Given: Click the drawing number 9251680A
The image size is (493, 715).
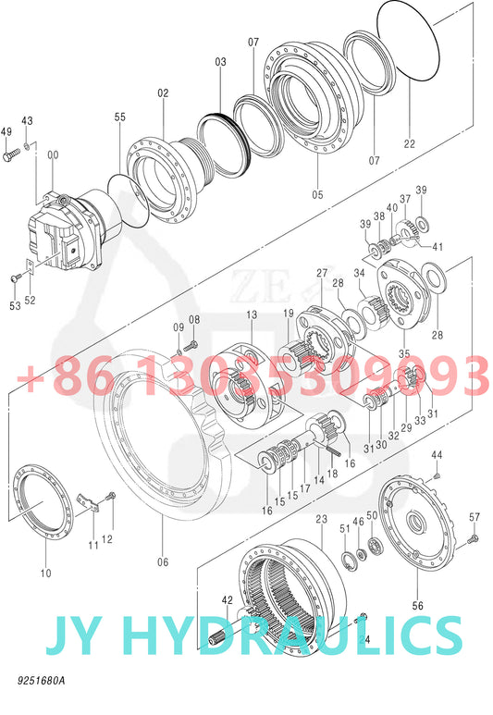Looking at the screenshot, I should click(x=41, y=682).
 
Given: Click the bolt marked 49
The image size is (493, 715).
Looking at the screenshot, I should click(x=11, y=158).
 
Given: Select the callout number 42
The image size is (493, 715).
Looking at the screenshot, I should click(x=227, y=600).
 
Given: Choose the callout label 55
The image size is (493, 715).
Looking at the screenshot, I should click(x=120, y=117).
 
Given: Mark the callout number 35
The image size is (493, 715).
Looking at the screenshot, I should click(x=402, y=353).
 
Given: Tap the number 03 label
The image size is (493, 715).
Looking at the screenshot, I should click(x=220, y=62).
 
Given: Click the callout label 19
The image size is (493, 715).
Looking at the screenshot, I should click(x=289, y=313).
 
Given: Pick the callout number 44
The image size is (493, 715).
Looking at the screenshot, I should click(x=437, y=455).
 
